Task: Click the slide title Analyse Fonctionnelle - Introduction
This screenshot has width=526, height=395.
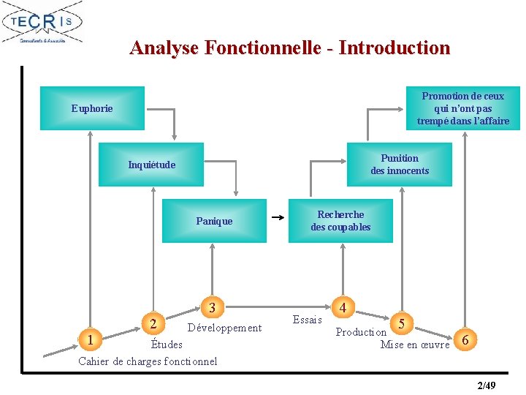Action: coord(289,48)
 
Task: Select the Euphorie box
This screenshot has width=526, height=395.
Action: coord(92,108)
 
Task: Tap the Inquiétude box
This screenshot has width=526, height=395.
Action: coord(152,165)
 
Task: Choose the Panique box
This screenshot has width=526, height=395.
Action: coord(214,221)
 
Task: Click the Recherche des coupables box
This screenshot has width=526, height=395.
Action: coord(340,221)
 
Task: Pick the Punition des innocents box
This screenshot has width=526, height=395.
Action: coord(400,165)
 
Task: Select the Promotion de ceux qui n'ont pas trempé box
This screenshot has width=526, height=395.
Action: coord(462,108)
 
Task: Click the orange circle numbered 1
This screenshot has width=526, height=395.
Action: coord(89,339)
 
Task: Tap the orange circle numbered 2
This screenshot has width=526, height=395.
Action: coord(152,323)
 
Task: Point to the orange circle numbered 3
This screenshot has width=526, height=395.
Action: coord(212,307)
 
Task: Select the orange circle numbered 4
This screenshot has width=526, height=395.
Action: coord(343,307)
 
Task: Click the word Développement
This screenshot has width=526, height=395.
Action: coord(224,328)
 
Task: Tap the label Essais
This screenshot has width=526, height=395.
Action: coord(307,320)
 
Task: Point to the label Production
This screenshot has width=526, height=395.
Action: coord(361,332)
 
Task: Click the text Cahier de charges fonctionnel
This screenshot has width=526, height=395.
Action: coord(148,361)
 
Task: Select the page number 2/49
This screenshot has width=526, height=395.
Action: coord(486,385)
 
